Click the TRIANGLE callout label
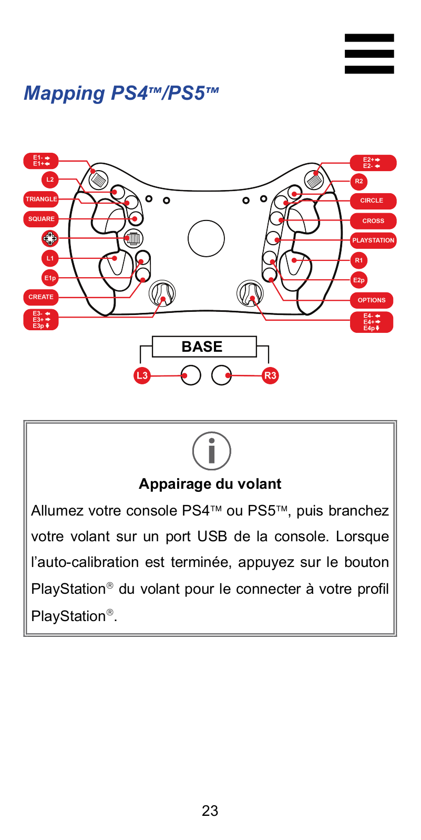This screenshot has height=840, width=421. (x=41, y=199)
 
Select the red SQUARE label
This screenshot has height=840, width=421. (x=41, y=219)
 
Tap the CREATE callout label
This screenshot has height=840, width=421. (x=41, y=297)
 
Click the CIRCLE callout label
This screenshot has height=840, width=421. (x=373, y=201)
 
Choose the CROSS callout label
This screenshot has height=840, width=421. (x=373, y=221)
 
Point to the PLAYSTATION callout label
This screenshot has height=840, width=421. (x=373, y=240)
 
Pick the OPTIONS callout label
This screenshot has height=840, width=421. (x=372, y=300)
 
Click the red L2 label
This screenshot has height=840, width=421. (x=50, y=180)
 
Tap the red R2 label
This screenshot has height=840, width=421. (x=359, y=182)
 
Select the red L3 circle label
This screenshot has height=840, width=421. (x=142, y=375)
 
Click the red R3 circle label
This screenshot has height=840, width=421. (x=270, y=375)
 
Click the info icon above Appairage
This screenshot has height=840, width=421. (x=212, y=451)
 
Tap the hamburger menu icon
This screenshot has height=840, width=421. (x=369, y=54)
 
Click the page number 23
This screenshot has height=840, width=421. (x=210, y=811)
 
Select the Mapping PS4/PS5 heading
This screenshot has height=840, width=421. (x=121, y=93)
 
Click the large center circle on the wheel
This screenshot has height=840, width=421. (x=206, y=238)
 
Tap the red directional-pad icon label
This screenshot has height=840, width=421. (x=50, y=238)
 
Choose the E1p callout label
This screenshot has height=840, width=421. (x=50, y=278)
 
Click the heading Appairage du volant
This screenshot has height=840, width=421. (x=210, y=484)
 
